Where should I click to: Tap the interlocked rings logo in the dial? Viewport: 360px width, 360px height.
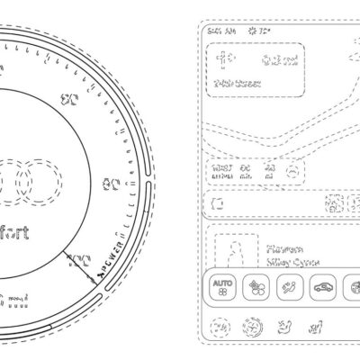(27, 181)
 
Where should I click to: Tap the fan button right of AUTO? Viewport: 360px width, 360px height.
(256, 288)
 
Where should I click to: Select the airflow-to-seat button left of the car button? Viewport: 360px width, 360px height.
(289, 288)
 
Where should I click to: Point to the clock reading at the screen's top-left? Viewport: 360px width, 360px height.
(220, 31)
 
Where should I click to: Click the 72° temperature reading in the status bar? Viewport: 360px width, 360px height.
(264, 31)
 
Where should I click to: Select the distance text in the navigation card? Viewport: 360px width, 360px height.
(275, 61)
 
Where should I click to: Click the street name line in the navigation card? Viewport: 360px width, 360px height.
(238, 84)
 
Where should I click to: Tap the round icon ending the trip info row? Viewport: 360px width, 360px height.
(292, 170)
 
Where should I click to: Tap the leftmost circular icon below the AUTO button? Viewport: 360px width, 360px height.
(221, 329)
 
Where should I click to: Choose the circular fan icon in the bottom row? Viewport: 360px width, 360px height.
(255, 329)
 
